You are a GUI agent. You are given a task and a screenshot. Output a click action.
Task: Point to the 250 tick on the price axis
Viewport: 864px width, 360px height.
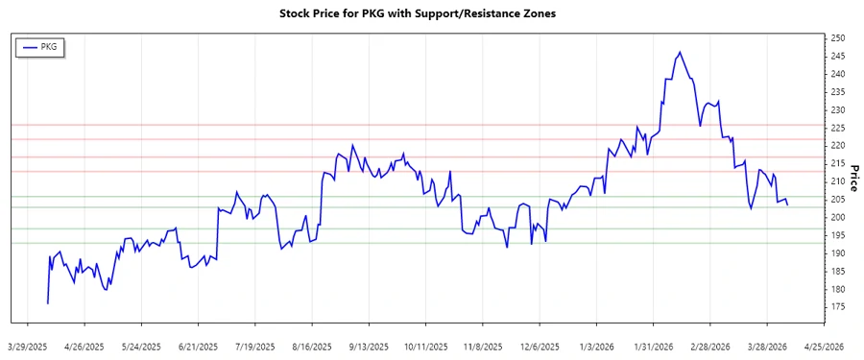[x=838, y=38]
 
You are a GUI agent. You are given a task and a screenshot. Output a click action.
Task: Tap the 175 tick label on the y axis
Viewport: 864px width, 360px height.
[x=838, y=307]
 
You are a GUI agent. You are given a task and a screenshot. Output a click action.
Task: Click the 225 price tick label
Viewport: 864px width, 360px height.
[x=838, y=128]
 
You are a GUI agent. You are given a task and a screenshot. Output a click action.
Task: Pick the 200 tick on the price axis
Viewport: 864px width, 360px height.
[x=838, y=218]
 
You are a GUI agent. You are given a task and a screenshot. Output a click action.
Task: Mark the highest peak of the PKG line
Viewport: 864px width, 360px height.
[x=680, y=52]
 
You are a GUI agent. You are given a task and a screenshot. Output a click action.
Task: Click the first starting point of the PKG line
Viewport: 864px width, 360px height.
[x=47, y=303]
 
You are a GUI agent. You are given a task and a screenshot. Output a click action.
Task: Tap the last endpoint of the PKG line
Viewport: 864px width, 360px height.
[x=788, y=204]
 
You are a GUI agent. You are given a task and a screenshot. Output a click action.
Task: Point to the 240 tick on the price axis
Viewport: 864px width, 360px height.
[x=838, y=74]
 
